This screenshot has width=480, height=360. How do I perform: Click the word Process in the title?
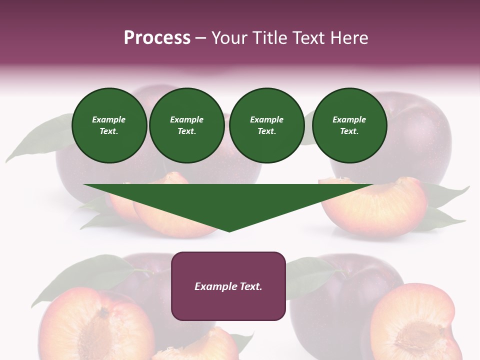157,38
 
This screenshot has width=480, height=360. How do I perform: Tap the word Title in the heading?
272,38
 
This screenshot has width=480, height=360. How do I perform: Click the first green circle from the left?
109,125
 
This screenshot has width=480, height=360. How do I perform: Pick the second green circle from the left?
186,125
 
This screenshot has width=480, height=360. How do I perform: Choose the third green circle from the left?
266,125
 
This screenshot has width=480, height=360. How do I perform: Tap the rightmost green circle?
349,125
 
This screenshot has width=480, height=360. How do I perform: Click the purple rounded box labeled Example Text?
228,286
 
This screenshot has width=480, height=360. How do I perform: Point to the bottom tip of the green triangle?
229,231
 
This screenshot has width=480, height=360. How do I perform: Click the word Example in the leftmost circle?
109,119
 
